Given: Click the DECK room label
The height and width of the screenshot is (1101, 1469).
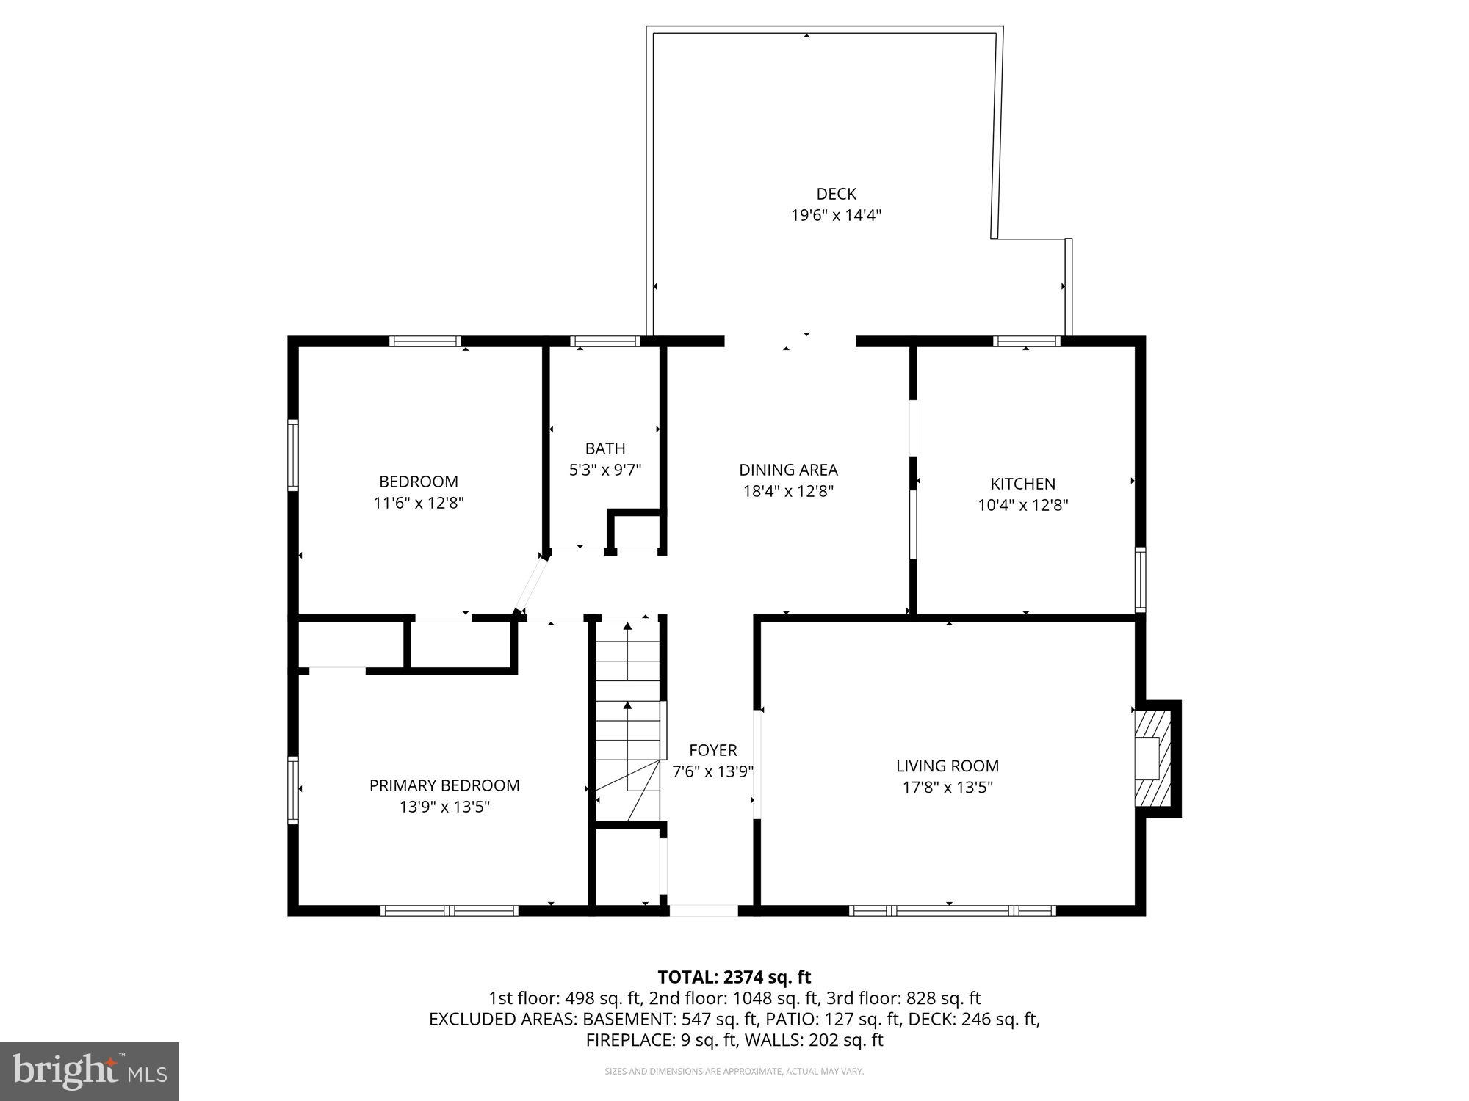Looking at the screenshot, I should click(836, 194).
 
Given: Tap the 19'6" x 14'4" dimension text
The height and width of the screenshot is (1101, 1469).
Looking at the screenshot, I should click(836, 215).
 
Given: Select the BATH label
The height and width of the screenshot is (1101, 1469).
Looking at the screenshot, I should click(605, 448).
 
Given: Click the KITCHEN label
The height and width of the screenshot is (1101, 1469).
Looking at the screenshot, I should click(1022, 484).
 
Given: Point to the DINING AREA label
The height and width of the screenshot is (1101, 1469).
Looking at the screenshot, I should click(788, 470).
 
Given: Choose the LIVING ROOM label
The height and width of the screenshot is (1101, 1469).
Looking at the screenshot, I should click(948, 766).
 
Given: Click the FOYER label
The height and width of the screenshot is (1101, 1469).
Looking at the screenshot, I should click(712, 750).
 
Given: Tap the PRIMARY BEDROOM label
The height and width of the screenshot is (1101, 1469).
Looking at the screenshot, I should click(444, 785).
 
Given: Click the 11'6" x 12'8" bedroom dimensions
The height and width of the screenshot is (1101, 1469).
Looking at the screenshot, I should click(419, 503).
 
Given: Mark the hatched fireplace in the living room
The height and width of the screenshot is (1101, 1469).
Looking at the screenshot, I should click(1150, 758).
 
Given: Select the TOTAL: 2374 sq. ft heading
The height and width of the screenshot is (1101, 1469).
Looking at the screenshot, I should click(734, 977).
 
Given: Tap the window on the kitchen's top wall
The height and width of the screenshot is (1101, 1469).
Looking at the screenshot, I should click(1027, 341).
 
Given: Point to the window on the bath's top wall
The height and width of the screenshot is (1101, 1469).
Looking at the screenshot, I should click(604, 341).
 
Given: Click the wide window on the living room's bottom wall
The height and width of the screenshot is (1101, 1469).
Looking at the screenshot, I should click(952, 911).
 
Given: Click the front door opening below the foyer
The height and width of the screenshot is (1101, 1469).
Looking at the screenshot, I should click(703, 911).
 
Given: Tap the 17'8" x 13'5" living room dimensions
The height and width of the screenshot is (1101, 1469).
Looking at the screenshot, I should click(948, 788).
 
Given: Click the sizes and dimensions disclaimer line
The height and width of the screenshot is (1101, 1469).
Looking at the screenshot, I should click(734, 1072).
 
